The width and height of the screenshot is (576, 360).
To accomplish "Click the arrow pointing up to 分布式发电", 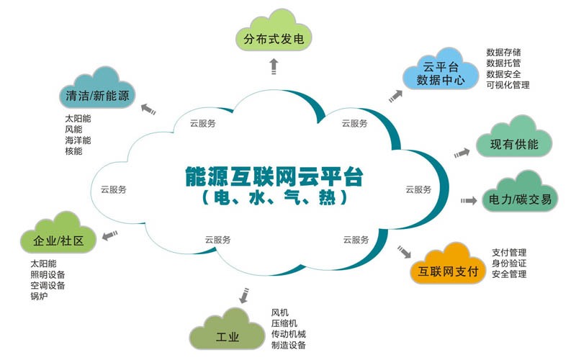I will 274,67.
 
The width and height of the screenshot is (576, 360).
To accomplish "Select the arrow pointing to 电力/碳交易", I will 469,200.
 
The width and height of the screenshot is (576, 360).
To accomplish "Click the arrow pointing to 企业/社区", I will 109,233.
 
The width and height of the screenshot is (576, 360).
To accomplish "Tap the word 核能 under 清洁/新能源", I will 73,151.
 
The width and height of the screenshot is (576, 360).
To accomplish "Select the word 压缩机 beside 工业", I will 284,323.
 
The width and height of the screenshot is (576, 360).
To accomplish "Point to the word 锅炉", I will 39,296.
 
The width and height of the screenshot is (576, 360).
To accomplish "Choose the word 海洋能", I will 78,140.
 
